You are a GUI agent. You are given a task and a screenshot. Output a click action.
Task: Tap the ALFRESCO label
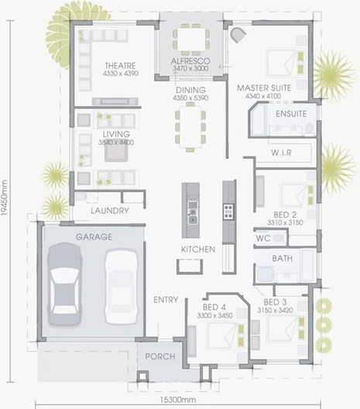click(x=190, y=60)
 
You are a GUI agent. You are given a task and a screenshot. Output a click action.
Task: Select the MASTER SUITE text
click(x=264, y=88)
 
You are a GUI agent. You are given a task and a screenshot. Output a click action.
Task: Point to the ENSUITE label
click(x=291, y=114)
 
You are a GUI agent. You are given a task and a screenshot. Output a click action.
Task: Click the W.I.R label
click(x=281, y=153)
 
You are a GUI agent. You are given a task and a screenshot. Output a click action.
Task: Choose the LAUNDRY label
click(x=108, y=211)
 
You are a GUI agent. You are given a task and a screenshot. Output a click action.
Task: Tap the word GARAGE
click(x=94, y=236)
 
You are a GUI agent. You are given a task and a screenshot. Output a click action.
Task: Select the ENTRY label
click(x=166, y=300)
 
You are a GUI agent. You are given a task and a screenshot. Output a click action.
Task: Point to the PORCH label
click(x=161, y=357)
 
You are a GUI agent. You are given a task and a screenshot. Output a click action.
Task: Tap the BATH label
click(x=283, y=258)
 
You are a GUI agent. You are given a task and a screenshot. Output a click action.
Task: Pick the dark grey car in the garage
click(x=65, y=284)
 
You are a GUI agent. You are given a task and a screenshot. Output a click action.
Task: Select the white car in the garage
click(x=121, y=287)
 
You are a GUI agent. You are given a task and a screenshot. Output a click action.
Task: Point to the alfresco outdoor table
click(x=190, y=37)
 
